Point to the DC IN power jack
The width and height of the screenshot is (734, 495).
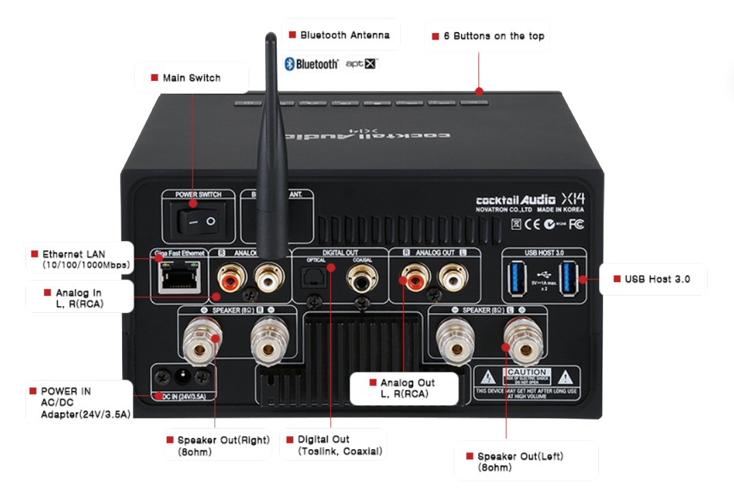click(x=183, y=376)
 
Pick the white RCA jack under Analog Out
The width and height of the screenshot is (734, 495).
click(x=450, y=278)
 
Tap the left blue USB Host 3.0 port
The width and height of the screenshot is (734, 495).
click(x=515, y=279)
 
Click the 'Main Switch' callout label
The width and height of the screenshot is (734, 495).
click(x=191, y=78)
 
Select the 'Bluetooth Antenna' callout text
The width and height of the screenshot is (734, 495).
click(x=344, y=35)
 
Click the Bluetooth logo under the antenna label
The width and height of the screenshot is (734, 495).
click(x=311, y=64)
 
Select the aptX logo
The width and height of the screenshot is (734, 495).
click(x=361, y=64)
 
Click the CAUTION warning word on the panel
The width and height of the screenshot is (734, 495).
click(x=526, y=372)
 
